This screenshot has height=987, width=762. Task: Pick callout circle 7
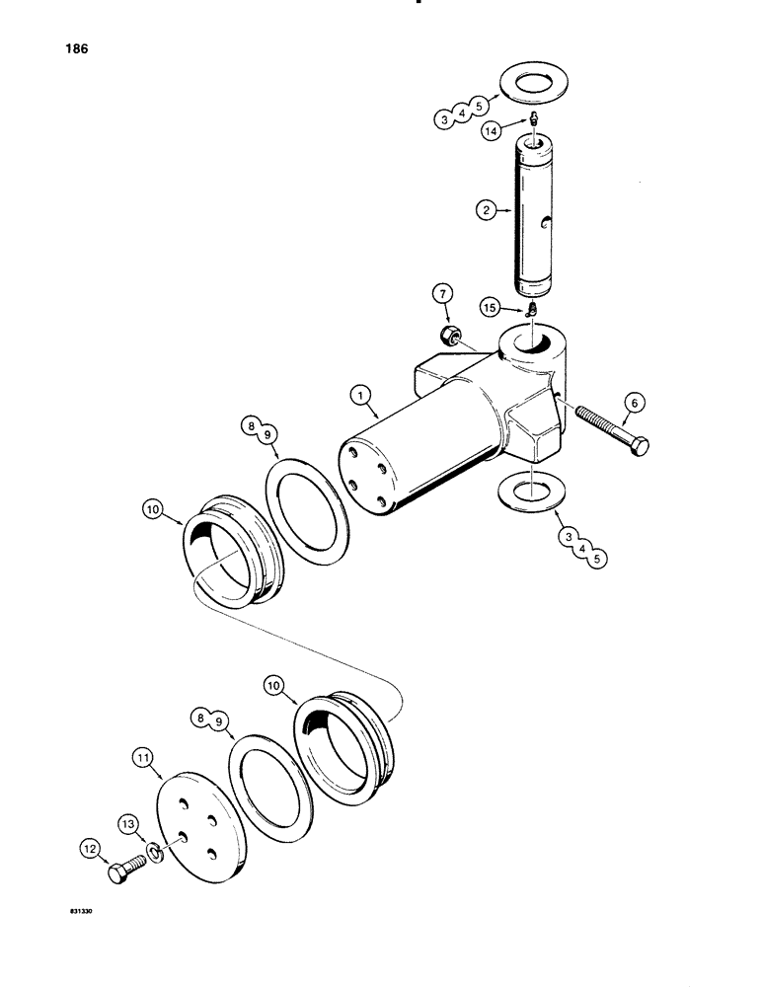coord(443,295)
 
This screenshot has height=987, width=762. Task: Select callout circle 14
coord(493,128)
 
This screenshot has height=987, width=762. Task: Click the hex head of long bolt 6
coord(639,444)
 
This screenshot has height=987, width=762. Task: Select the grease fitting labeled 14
coord(531,119)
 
